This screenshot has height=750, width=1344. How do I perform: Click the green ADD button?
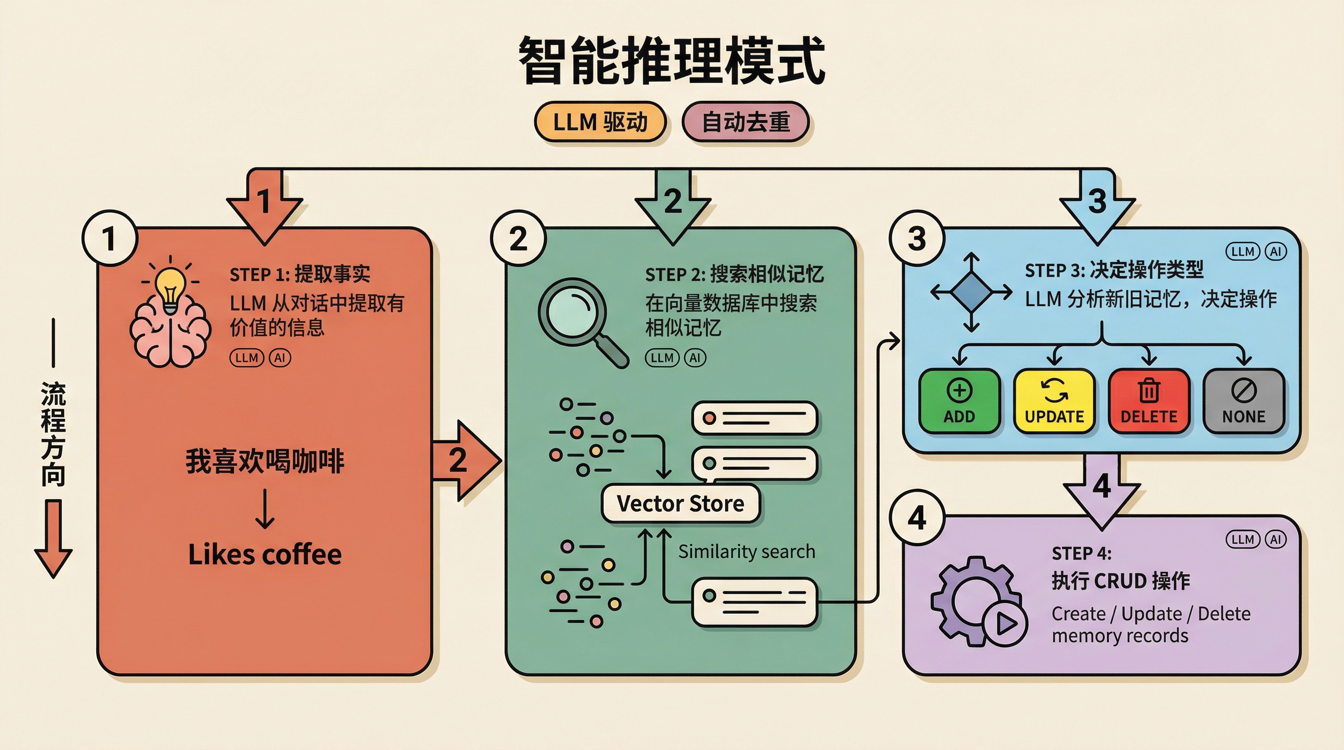(x=959, y=401)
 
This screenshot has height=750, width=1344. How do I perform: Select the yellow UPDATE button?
(x=1054, y=401)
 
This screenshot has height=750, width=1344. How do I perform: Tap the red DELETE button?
(x=1149, y=401)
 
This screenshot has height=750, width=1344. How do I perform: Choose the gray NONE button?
(x=1244, y=401)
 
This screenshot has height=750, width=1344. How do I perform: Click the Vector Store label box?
(x=680, y=503)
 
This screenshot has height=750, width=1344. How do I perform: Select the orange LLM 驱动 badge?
(x=600, y=122)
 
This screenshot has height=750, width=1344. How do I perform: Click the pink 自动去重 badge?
(x=746, y=122)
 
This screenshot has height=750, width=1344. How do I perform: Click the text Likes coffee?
(x=265, y=554)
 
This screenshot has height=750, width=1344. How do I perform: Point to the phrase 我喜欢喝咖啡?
(x=265, y=461)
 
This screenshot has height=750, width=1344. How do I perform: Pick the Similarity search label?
(x=746, y=551)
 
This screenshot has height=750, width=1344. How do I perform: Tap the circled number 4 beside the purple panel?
(x=917, y=518)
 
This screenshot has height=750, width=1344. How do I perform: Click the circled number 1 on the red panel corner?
(x=109, y=238)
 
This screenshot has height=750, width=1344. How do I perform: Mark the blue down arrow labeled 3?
(x=1097, y=208)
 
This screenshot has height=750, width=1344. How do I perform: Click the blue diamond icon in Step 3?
(x=971, y=292)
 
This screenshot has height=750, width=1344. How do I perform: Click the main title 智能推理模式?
(x=672, y=60)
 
